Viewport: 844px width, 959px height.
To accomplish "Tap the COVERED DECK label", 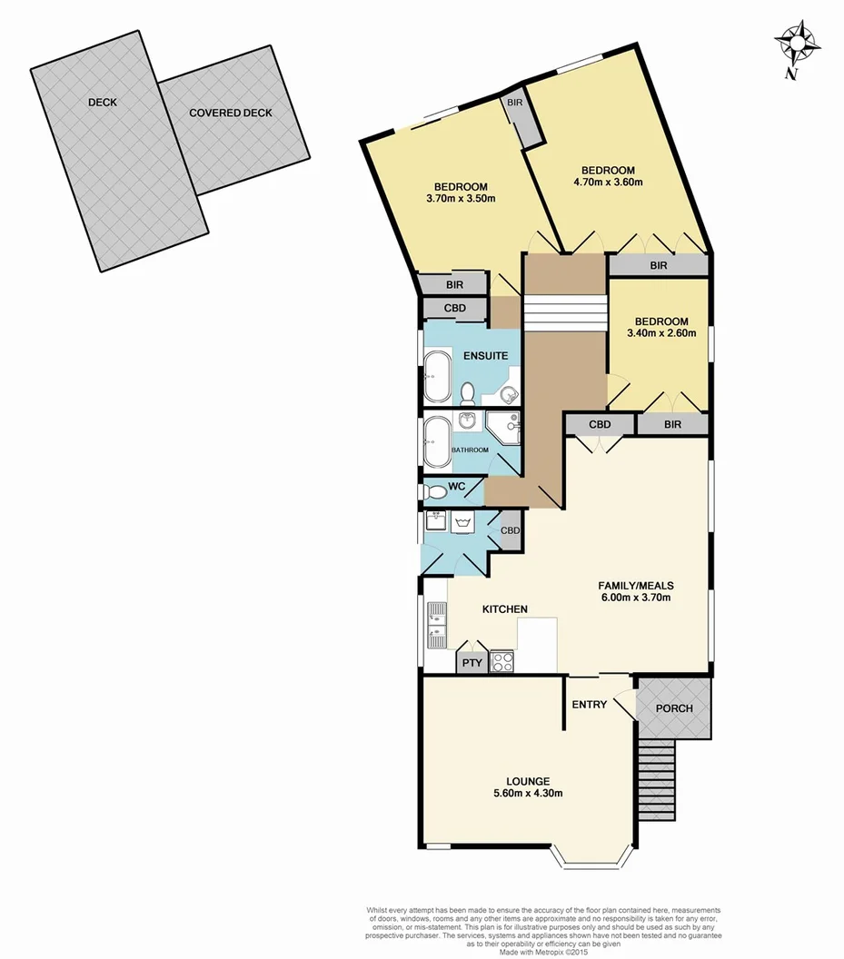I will pos(231,114).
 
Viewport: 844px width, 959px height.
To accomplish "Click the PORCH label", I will pos(673,708).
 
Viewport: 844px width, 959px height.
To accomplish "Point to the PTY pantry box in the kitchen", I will pos(472,663).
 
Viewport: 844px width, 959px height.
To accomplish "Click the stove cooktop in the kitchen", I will pos(502,662).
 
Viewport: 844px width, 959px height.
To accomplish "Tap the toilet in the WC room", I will pos(436,492).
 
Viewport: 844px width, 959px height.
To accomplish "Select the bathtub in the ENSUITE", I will pos(436,378).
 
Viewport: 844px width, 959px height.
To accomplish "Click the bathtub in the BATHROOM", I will pos(436,440).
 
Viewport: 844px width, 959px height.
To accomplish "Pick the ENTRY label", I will pos(589,705).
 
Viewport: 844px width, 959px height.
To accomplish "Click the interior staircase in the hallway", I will pos(565,314).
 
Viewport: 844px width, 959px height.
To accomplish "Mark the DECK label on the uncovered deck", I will pos(102,103).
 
